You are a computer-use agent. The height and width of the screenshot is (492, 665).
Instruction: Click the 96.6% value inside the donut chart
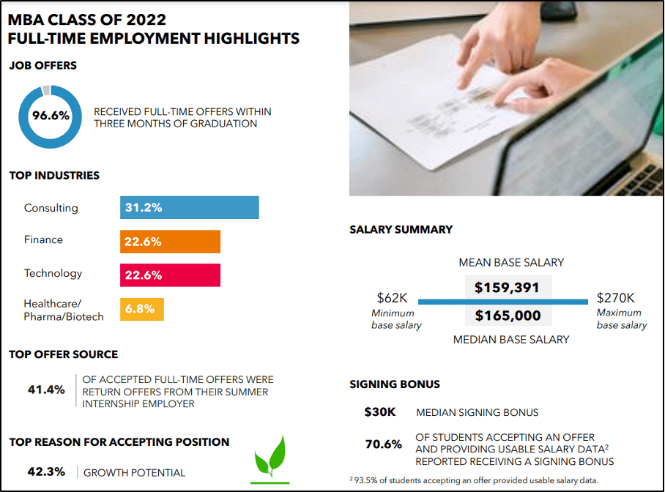[51, 116]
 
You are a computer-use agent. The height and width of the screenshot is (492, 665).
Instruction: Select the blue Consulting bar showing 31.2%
[189, 207]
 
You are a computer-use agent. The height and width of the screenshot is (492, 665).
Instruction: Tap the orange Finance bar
[170, 242]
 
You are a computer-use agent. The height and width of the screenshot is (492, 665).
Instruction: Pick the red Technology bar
[170, 275]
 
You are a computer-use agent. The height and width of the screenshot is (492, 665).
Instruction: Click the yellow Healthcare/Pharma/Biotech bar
[142, 309]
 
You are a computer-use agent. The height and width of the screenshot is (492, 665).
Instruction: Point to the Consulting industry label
[51, 208]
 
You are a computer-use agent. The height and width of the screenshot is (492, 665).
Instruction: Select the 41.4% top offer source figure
[46, 389]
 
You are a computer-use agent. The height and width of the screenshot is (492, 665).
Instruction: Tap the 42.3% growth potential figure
[46, 472]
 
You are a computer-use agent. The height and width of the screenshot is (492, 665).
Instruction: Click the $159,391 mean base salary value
[507, 288]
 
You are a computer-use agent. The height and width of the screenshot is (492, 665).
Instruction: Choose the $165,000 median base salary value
[507, 316]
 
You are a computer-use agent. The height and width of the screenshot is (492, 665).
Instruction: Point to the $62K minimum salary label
[392, 298]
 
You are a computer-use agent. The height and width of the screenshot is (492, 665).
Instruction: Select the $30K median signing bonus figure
[379, 412]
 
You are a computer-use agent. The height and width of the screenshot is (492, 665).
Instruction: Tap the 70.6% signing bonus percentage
[384, 444]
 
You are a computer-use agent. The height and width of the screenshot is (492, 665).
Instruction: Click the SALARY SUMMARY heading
[401, 229]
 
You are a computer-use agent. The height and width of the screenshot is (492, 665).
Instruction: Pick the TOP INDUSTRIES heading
[54, 176]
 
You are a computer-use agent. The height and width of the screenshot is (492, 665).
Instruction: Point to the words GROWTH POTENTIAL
[134, 473]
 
